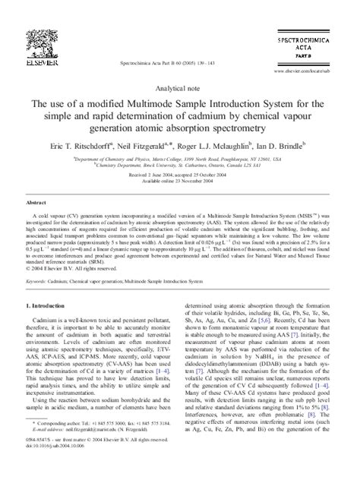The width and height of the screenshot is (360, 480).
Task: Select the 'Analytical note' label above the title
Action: point(179,89)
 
